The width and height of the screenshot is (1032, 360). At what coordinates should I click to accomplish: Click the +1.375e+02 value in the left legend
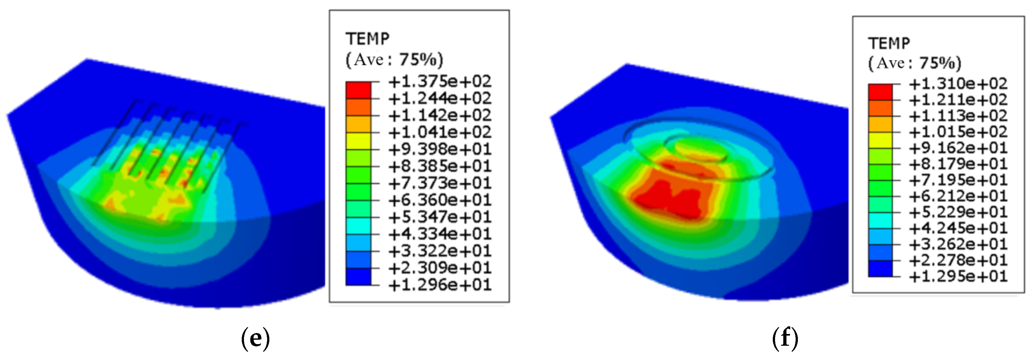(x=439, y=82)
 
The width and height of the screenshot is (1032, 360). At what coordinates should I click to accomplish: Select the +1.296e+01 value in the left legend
(x=439, y=285)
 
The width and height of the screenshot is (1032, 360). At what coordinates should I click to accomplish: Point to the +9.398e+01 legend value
(x=439, y=149)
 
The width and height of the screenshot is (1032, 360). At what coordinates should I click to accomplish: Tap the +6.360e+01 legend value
(x=439, y=200)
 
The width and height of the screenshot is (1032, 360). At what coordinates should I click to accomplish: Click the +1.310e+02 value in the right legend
(x=957, y=84)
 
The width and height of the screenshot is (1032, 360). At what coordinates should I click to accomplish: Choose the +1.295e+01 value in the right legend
(x=957, y=276)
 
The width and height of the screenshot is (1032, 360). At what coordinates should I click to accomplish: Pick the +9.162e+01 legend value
(x=957, y=148)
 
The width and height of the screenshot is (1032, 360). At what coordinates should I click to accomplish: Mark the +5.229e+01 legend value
(x=957, y=212)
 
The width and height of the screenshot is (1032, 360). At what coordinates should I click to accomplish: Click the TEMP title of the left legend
(x=367, y=39)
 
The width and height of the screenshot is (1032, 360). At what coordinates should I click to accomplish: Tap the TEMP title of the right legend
(x=889, y=43)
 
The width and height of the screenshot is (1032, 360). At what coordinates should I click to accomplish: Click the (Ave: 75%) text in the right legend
(x=915, y=63)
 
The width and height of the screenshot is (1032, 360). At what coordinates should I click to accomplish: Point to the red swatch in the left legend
(x=358, y=90)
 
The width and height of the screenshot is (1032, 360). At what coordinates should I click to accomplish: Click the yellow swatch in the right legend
(x=880, y=140)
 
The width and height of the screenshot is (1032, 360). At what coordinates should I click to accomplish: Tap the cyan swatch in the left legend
(x=358, y=226)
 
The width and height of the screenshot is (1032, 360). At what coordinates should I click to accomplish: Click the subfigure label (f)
(x=785, y=338)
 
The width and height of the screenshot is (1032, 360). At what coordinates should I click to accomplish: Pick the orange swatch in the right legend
(x=880, y=108)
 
